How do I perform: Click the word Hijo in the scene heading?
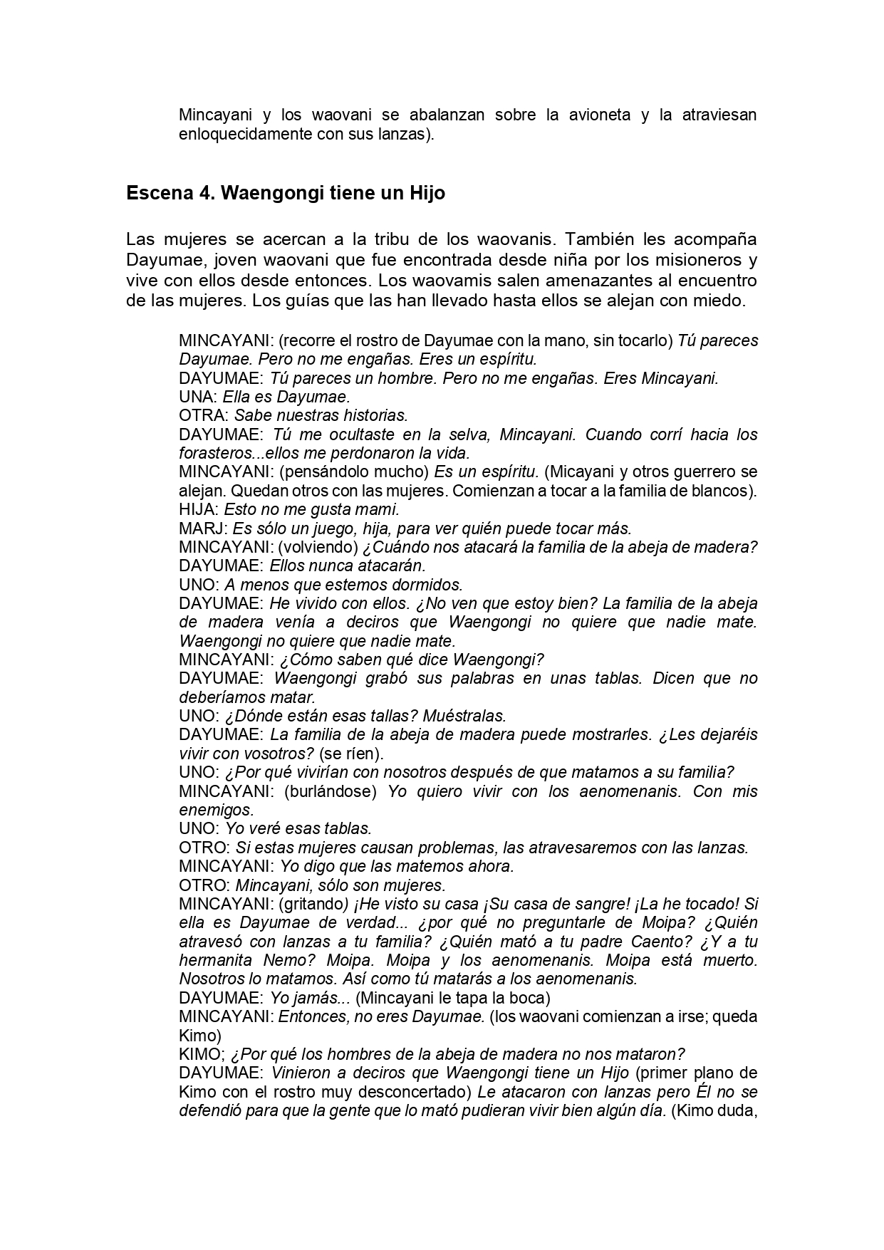(427, 193)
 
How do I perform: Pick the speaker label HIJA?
(199, 509)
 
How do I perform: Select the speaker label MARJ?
(203, 528)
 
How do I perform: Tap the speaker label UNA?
(198, 397)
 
